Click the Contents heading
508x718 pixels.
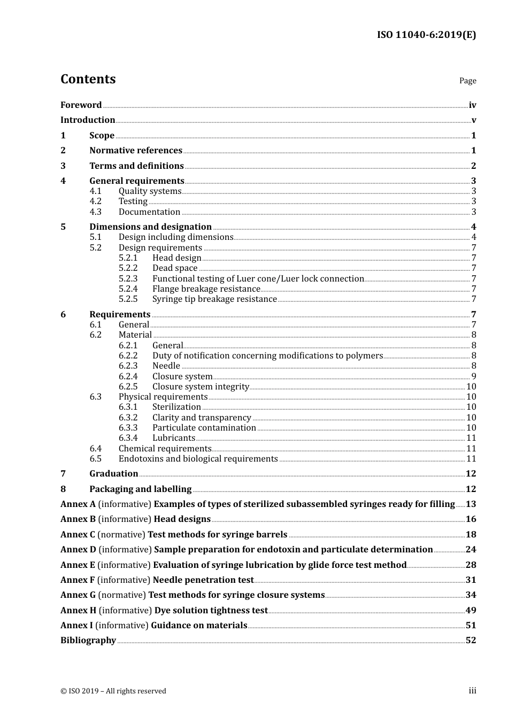click(88, 79)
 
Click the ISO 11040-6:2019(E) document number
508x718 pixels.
click(426, 35)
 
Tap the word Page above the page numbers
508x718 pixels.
click(467, 81)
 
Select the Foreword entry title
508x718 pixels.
click(81, 105)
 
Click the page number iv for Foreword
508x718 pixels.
click(472, 105)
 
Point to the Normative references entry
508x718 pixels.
click(136, 151)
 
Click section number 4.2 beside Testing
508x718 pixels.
click(95, 201)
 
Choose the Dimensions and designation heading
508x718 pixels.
click(150, 227)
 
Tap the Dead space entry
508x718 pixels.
click(175, 268)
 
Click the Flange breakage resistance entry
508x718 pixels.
click(206, 289)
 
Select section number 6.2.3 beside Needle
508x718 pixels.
click(128, 366)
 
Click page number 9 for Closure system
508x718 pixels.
click(474, 377)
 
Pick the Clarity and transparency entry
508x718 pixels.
click(202, 418)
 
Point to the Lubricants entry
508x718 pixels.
click(174, 438)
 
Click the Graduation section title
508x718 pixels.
click(113, 474)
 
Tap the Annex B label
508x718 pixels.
click(78, 519)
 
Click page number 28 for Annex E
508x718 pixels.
click(471, 565)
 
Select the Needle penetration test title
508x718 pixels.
click(203, 580)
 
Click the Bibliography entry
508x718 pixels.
click(88, 641)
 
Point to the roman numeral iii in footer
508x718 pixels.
click(472, 691)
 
